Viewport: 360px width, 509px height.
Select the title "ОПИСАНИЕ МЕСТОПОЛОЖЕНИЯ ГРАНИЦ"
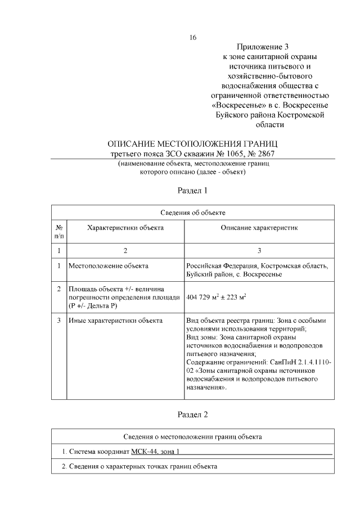pyautogui.click(x=192, y=144)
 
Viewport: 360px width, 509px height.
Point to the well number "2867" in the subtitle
pyautogui.click(x=267, y=154)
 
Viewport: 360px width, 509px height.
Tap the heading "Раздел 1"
pyautogui.click(x=192, y=190)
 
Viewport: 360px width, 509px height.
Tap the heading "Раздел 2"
pyautogui.click(x=192, y=415)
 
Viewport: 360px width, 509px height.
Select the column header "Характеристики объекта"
pyautogui.click(x=125, y=228)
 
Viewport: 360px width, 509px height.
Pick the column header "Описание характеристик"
pyautogui.click(x=259, y=228)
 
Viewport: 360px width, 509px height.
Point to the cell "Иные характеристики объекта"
pyautogui.click(x=115, y=321)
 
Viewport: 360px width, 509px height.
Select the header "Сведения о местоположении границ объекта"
pyautogui.click(x=192, y=436)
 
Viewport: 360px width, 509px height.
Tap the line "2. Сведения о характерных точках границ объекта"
pyautogui.click(x=139, y=467)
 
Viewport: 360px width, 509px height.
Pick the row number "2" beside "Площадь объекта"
pyautogui.click(x=58, y=289)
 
